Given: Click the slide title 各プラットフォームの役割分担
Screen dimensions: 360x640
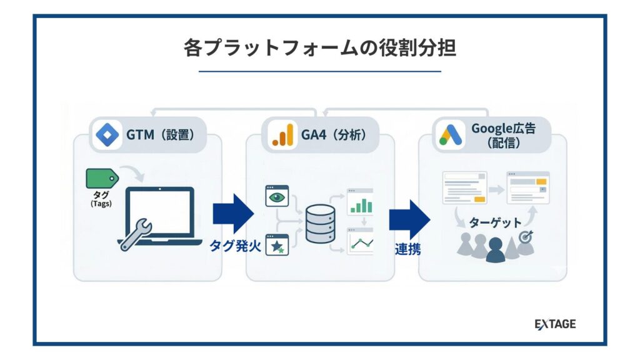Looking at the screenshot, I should click(x=319, y=48).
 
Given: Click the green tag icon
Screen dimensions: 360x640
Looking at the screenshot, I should click(x=101, y=180).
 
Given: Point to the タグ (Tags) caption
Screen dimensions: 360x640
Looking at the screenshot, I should click(x=101, y=199).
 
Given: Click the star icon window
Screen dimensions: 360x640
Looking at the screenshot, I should click(x=276, y=244).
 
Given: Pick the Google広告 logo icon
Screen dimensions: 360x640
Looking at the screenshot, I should click(x=451, y=134).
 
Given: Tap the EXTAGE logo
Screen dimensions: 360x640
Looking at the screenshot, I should click(x=555, y=324).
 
